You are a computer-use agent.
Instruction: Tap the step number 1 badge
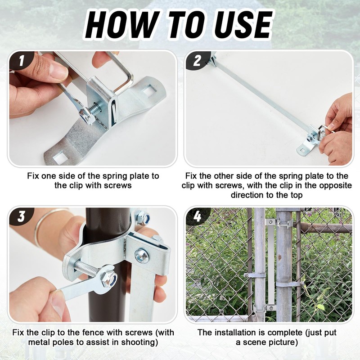(x=22, y=60)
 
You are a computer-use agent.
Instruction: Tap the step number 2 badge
(x=197, y=61)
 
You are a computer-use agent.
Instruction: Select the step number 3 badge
(x=21, y=216)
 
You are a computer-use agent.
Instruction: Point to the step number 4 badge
(x=198, y=216)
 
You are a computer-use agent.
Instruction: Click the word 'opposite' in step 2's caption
(x=335, y=186)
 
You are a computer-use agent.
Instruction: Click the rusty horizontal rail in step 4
(x=326, y=228)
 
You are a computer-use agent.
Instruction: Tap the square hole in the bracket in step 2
(x=302, y=150)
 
